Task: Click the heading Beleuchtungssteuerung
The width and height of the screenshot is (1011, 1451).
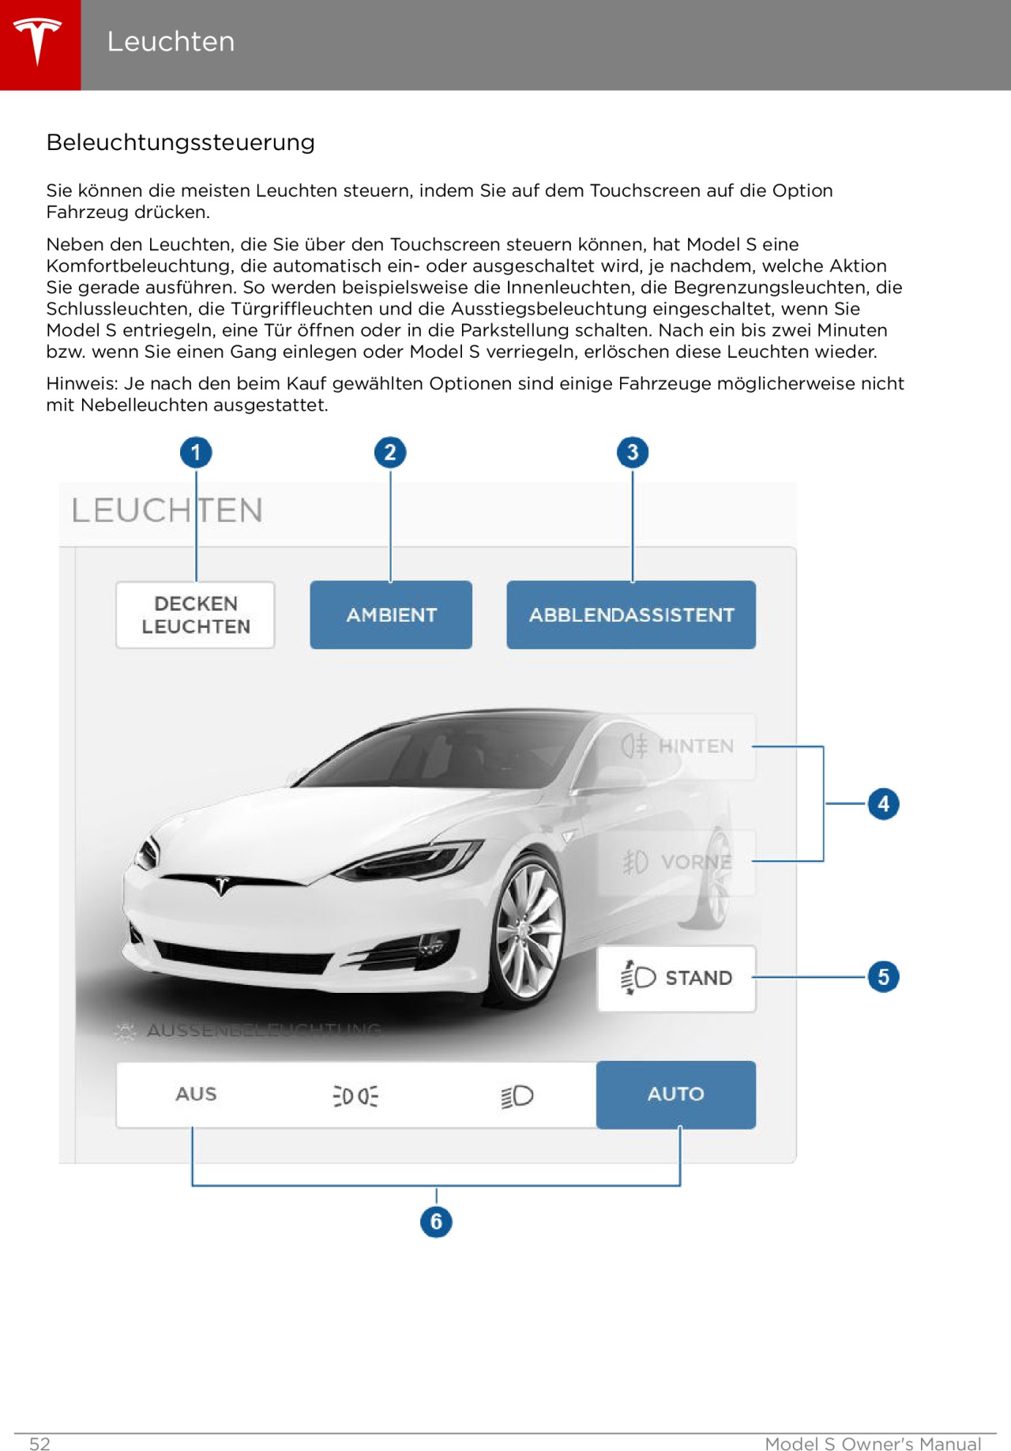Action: (x=180, y=142)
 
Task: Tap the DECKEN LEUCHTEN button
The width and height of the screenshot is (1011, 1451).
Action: (x=195, y=615)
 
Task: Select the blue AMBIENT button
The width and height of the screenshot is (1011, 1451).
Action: (x=391, y=615)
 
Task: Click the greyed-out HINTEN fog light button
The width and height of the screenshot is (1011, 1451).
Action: (x=677, y=746)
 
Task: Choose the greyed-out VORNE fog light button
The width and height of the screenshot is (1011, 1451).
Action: (x=677, y=862)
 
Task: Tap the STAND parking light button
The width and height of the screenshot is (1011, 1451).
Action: (x=677, y=978)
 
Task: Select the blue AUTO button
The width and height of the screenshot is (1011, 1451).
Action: (x=676, y=1094)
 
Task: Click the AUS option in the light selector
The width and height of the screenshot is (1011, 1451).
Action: (x=196, y=1094)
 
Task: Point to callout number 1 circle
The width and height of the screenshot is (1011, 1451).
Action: (x=196, y=453)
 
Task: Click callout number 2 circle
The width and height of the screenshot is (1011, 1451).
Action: (x=390, y=453)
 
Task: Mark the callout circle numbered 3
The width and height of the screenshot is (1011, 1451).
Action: (x=633, y=453)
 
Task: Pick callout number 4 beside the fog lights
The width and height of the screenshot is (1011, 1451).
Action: (x=883, y=804)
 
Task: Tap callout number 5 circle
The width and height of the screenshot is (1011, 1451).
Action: (x=883, y=977)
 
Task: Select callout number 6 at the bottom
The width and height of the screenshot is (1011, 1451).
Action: (x=436, y=1221)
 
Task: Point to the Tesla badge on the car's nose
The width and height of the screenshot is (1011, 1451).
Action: (x=222, y=885)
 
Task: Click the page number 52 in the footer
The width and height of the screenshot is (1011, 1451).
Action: (x=39, y=1443)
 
